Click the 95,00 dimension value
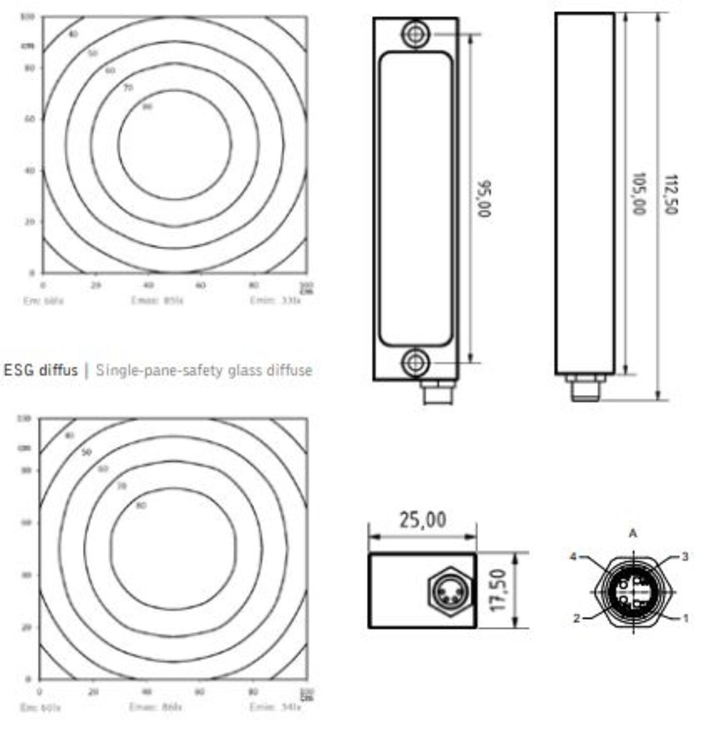[484, 199]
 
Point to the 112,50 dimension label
[672, 193]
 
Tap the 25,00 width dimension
[422, 520]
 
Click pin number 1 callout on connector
[685, 618]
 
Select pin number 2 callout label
[576, 618]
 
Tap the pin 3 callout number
[685, 557]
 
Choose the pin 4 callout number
[574, 557]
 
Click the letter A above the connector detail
[633, 534]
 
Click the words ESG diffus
[41, 370]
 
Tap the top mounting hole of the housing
[415, 34]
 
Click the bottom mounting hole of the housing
[415, 363]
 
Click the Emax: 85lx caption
[157, 301]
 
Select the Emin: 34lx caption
[276, 707]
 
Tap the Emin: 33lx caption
[276, 301]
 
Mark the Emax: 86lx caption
[156, 707]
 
